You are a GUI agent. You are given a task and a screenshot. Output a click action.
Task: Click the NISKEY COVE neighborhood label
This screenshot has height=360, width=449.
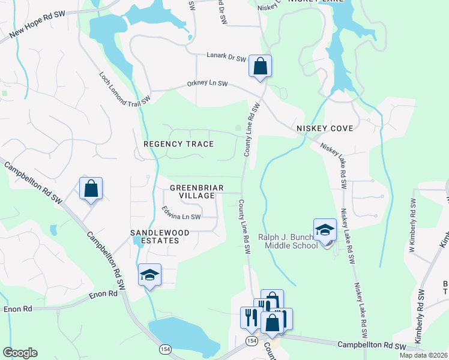(x=325, y=129)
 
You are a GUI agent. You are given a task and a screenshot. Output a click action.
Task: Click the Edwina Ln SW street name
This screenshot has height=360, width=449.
(x=181, y=212)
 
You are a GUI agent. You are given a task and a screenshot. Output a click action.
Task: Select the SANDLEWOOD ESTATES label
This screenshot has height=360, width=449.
(x=160, y=236)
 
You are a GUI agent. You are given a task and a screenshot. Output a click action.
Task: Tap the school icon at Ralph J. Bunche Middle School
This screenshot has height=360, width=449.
(x=325, y=231)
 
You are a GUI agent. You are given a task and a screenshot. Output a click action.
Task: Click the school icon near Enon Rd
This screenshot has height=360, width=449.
(x=149, y=275)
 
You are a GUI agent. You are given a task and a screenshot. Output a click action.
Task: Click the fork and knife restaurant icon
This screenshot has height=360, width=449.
(x=250, y=318)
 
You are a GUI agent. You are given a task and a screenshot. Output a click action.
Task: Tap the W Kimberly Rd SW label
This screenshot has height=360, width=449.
(x=412, y=216)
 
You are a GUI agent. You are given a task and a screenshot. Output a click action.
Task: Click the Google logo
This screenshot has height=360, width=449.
(x=20, y=353)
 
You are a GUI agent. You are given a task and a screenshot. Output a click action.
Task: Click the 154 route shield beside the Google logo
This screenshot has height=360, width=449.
(x=164, y=349)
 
